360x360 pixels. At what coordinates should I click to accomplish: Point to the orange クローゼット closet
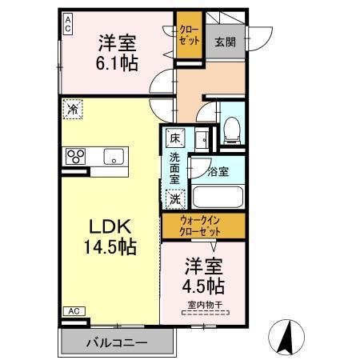[x=189, y=36]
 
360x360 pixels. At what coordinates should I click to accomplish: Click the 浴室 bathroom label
[x=217, y=170]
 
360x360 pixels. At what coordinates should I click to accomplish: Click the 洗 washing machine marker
[x=174, y=198]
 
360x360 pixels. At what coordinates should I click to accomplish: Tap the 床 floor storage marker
[x=174, y=138]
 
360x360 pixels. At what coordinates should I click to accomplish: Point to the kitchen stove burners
[x=76, y=156]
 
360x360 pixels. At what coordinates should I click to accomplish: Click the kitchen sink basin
[x=112, y=157]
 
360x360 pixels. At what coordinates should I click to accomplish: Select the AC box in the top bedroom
[x=68, y=23]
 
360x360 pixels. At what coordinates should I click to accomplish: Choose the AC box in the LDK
[x=73, y=310]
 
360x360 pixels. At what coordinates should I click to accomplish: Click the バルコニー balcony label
[x=117, y=342]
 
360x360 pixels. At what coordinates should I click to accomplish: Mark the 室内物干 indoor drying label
[x=205, y=305]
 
